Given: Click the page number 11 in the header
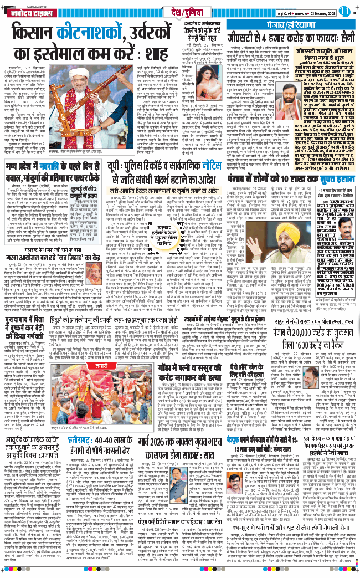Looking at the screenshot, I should pyautogui.click(x=345, y=9).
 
